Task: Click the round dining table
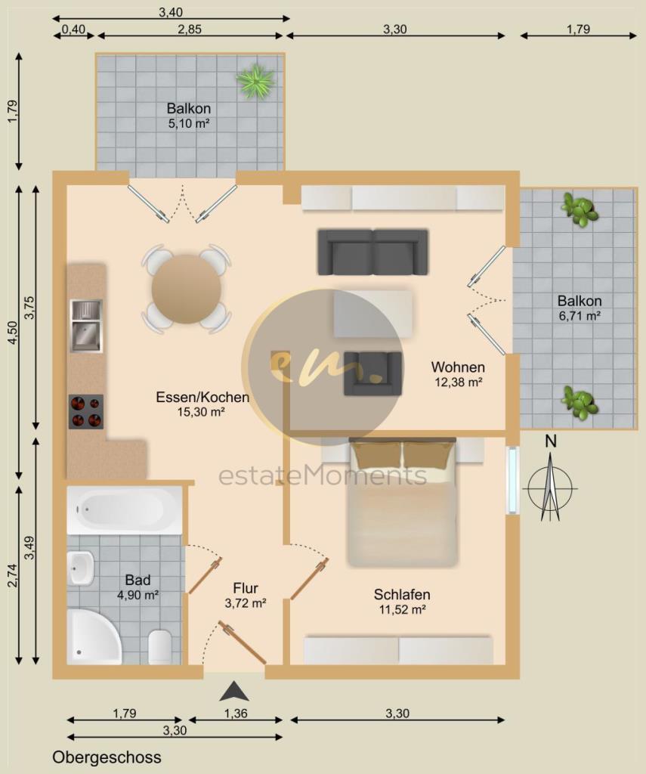(187, 289)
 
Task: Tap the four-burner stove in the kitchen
(86, 411)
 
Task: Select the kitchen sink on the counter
(86, 326)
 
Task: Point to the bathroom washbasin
(81, 568)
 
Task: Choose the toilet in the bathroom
(159, 647)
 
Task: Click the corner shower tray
(94, 636)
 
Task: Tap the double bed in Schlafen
(403, 502)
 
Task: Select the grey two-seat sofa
(372, 252)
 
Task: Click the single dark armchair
(372, 373)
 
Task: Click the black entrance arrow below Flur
(234, 691)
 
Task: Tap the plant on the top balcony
(255, 80)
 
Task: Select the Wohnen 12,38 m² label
(458, 373)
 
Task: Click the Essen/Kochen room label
(202, 397)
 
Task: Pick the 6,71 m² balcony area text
(580, 316)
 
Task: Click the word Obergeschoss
(107, 757)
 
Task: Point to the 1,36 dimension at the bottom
(236, 713)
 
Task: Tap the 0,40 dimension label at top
(73, 29)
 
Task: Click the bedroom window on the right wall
(513, 480)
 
